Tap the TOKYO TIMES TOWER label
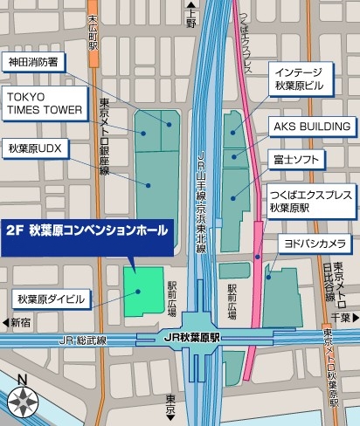(45, 102)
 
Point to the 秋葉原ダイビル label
(52, 299)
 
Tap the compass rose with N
(23, 400)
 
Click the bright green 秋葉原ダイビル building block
(142, 291)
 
